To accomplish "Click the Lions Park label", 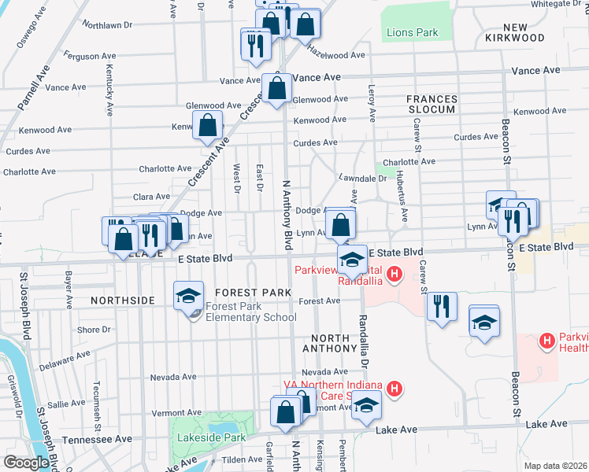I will coord(412,33).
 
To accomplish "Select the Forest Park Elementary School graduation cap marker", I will coord(189,295).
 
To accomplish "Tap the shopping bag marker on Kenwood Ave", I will coord(207,124).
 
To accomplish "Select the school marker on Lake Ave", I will coord(366,405).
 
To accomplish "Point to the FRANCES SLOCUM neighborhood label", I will coord(432,104).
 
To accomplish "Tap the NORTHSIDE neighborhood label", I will coord(123,301).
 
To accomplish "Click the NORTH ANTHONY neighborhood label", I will coord(330,342).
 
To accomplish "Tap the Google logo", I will coord(26,463).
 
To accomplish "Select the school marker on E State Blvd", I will coord(353,259).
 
